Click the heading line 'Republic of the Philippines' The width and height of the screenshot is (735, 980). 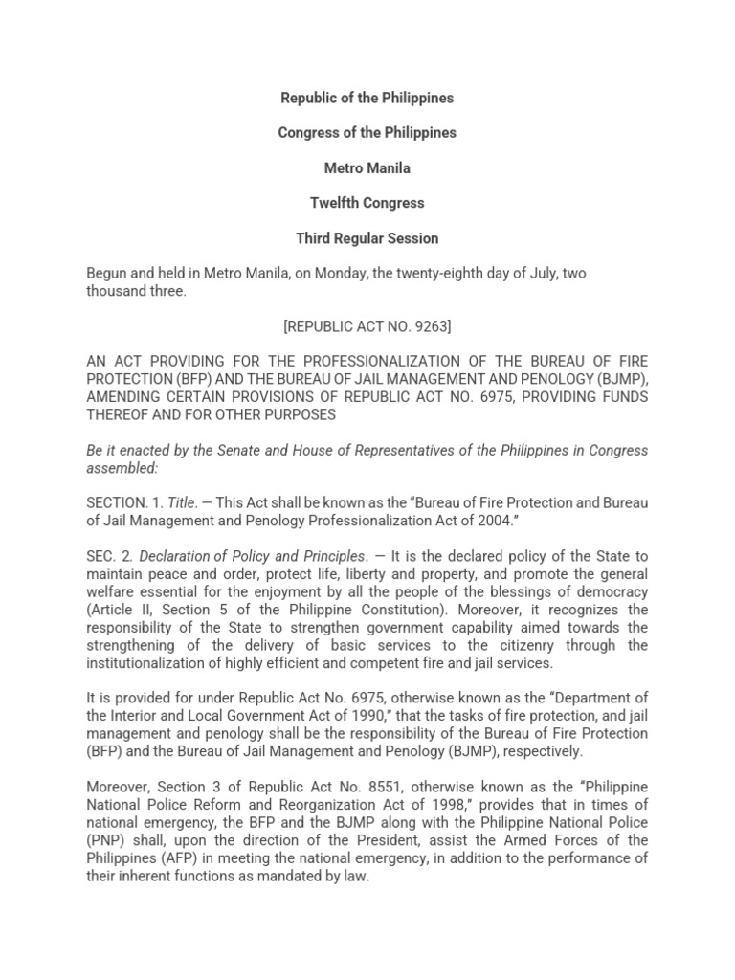tap(367, 98)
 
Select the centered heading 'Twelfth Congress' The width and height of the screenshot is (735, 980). tap(367, 203)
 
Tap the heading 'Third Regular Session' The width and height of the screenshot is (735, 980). tap(367, 238)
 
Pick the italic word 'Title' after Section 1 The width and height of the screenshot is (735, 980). tap(180, 503)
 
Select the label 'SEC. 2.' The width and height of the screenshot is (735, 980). tap(109, 556)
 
